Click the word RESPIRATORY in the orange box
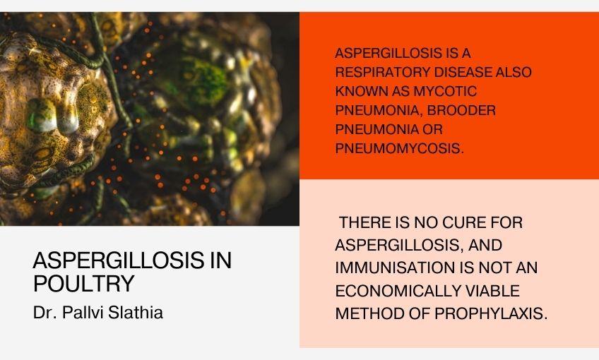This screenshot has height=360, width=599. pos(382,72)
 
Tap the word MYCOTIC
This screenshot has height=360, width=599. pos(444,91)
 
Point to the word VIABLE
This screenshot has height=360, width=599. pos(494,291)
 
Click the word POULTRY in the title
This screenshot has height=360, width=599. pos(83,284)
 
